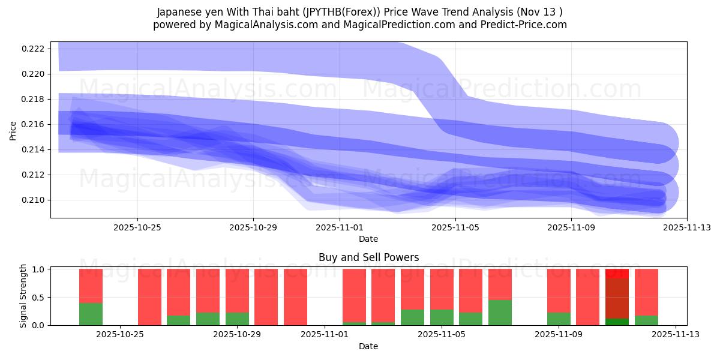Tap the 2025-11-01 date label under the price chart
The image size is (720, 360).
pyautogui.click(x=340, y=227)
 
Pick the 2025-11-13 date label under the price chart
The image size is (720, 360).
pyautogui.click(x=687, y=227)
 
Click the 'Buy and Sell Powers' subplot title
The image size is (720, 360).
pyautogui.click(x=368, y=258)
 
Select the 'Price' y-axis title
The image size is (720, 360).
pyautogui.click(x=13, y=130)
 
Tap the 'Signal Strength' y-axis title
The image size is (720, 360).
pyautogui.click(x=23, y=296)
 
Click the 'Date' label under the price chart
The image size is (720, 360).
pyautogui.click(x=368, y=239)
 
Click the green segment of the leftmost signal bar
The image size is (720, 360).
pyautogui.click(x=91, y=314)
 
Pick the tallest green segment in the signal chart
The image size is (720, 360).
pyautogui.click(x=500, y=313)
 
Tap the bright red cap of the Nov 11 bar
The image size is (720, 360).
pyautogui.click(x=617, y=273)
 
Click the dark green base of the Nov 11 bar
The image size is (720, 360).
pyautogui.click(x=617, y=322)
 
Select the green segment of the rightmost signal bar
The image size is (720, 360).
pyautogui.click(x=646, y=320)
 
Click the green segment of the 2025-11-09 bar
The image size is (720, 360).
pyautogui.click(x=559, y=319)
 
